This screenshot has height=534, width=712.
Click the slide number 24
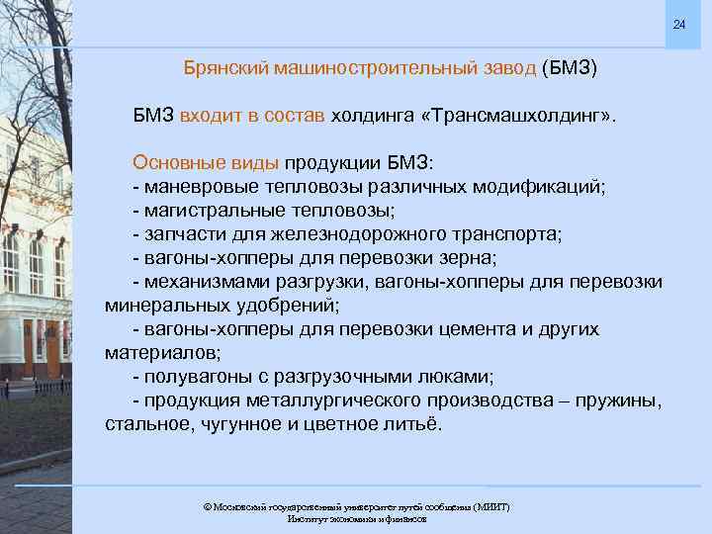coord(678,24)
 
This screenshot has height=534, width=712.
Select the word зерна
coord(472,258)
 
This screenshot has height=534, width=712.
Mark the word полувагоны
coord(195,377)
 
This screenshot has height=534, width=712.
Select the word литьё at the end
coord(416,424)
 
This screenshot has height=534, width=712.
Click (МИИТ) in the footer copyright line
coord(490,506)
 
